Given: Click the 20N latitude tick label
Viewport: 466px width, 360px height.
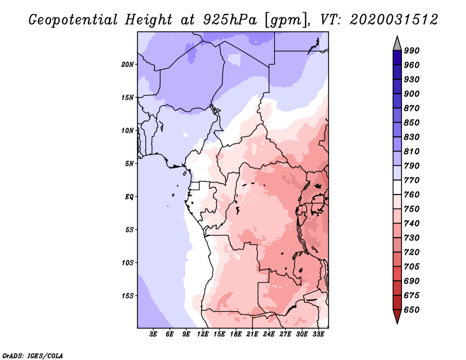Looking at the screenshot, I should click(x=128, y=64).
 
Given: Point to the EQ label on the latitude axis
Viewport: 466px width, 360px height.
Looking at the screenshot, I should click(x=129, y=196).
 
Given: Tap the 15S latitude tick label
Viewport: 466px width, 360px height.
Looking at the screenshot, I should click(x=128, y=295).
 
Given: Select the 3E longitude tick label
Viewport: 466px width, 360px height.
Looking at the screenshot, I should click(x=154, y=335).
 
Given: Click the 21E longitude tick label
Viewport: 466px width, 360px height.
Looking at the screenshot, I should click(x=253, y=335).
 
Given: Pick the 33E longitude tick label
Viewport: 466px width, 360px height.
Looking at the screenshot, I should click(x=319, y=335).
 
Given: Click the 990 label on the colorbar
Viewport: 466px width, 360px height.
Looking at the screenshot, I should click(x=411, y=51).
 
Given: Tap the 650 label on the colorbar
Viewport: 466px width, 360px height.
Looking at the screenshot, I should click(x=411, y=310).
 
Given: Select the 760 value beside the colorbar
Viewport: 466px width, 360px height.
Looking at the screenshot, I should click(x=411, y=195).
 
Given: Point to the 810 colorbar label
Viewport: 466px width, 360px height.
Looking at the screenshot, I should click(x=411, y=151).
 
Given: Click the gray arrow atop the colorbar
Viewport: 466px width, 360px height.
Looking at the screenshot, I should click(x=397, y=43).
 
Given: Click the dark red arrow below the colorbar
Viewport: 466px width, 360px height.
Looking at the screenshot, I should click(x=397, y=317).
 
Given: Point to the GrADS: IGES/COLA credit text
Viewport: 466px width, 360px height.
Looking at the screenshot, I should click(x=32, y=354).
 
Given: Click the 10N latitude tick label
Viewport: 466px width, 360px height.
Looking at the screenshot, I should click(x=128, y=130).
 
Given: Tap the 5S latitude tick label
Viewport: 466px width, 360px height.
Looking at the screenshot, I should click(x=129, y=230).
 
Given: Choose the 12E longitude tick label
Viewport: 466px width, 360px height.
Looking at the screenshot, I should click(x=203, y=335).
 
